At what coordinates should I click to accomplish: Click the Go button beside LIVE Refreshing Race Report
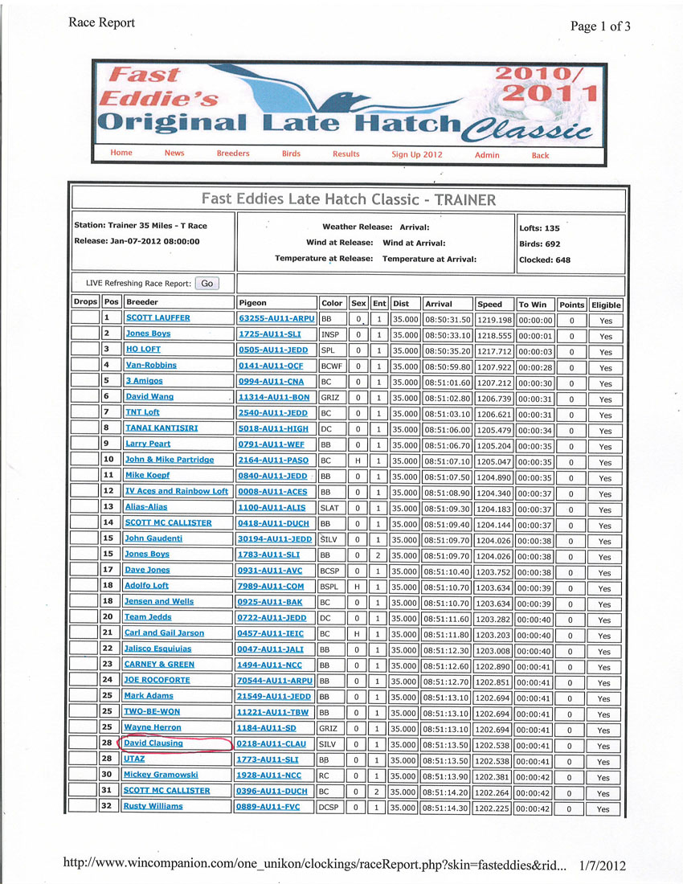[207, 284]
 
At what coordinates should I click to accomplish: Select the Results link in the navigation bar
[346, 153]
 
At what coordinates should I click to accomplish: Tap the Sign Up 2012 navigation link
[417, 154]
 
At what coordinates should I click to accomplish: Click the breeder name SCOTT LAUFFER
[157, 318]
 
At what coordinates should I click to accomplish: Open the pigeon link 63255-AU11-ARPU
[276, 318]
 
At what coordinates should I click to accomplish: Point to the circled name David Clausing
[153, 744]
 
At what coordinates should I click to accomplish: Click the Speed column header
[489, 305]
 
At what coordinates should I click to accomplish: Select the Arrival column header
[439, 305]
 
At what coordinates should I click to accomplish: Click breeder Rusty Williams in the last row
[153, 807]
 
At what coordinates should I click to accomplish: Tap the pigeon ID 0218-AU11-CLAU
[272, 744]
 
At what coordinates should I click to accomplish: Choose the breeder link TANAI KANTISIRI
[162, 428]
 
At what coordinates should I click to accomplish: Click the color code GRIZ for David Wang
[330, 398]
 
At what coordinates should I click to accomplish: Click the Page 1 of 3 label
[600, 27]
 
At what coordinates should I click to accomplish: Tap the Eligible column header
[606, 305]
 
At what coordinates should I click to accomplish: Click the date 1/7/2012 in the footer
[603, 866]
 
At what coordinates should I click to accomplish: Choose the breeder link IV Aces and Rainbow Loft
[177, 491]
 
